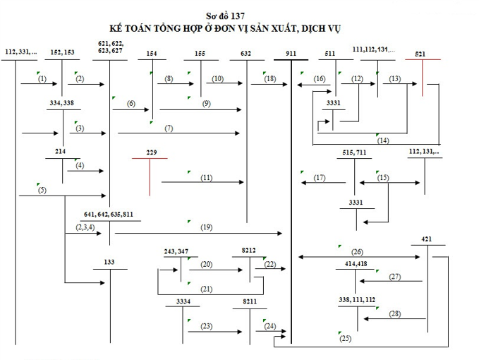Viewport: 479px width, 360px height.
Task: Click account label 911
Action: click(x=291, y=54)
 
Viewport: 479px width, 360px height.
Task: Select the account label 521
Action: click(x=420, y=54)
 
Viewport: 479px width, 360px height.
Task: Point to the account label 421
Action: click(x=427, y=239)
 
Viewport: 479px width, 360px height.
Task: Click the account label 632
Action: click(x=245, y=54)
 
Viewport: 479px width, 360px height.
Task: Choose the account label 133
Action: click(x=110, y=263)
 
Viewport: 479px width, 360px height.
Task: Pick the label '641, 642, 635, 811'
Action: click(x=108, y=214)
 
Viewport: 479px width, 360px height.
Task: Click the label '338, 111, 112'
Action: click(x=357, y=300)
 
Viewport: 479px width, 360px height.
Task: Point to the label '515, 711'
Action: click(x=353, y=152)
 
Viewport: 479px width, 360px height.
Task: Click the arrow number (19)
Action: click(x=206, y=227)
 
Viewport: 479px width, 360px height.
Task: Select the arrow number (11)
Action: click(x=206, y=177)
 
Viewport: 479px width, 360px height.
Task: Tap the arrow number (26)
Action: click(x=357, y=251)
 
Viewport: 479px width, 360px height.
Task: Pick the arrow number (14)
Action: click(x=382, y=140)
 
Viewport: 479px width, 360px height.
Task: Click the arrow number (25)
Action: click(x=345, y=339)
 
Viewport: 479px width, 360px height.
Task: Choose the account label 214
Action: click(x=61, y=152)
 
